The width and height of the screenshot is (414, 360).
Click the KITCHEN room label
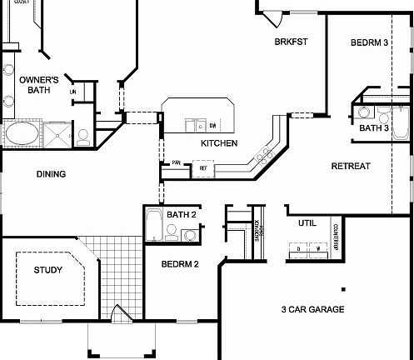pyautogui.click(x=219, y=143)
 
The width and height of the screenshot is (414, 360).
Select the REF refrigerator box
pyautogui.click(x=202, y=168)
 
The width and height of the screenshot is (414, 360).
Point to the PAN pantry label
pyautogui.click(x=177, y=163)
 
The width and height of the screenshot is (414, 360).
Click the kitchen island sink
pyautogui.click(x=196, y=126)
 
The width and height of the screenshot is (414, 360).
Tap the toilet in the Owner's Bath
pyautogui.click(x=84, y=136)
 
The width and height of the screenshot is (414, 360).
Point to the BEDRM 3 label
pyautogui.click(x=369, y=43)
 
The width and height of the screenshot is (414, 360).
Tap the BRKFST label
pyautogui.click(x=292, y=42)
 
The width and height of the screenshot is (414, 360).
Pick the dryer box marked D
pyautogui.click(x=298, y=247)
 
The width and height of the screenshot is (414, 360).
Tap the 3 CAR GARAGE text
pyautogui.click(x=315, y=309)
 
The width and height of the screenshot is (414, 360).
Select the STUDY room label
pyautogui.click(x=47, y=270)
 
